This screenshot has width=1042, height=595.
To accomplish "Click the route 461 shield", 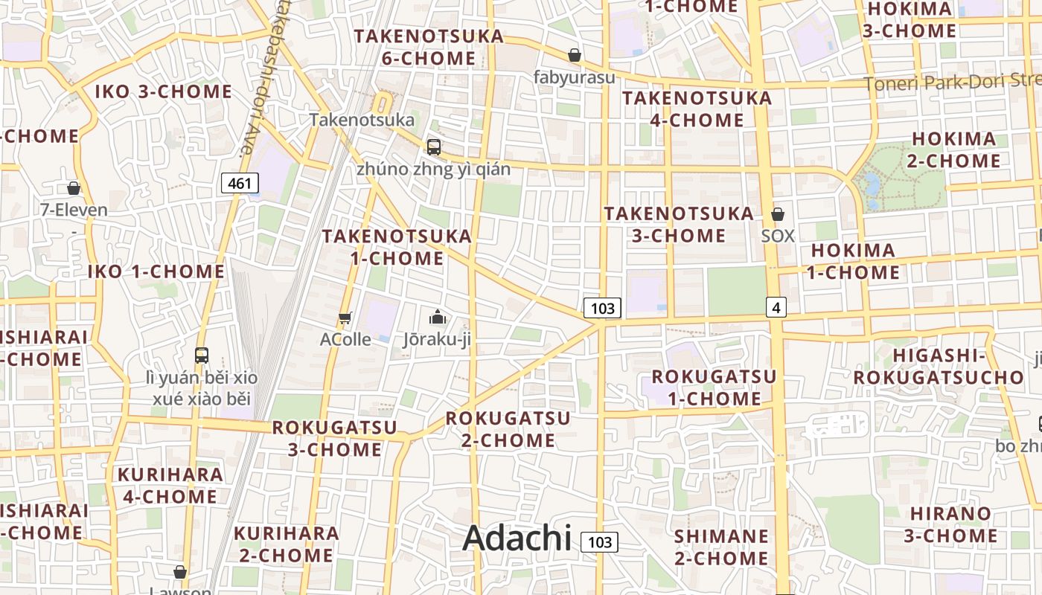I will click(240, 183).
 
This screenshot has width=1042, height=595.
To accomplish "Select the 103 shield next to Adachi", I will click(599, 542).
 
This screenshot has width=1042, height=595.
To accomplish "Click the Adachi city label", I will click(517, 538).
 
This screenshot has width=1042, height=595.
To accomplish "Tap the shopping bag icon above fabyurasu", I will click(575, 55).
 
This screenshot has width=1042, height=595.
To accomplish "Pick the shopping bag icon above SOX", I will click(778, 214).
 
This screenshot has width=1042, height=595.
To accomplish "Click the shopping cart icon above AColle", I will click(345, 318).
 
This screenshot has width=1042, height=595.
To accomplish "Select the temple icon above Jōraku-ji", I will click(438, 318).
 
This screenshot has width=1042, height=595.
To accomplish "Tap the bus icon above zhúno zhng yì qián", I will click(434, 147).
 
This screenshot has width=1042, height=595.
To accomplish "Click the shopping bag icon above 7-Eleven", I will click(74, 188).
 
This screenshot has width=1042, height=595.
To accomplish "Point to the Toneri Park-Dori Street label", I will click(953, 82).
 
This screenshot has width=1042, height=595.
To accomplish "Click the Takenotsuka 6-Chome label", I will click(428, 47).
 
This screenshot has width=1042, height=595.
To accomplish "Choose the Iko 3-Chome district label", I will click(164, 92).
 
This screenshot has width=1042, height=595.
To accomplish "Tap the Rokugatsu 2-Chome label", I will click(508, 429).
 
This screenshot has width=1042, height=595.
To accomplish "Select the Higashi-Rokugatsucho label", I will click(938, 367).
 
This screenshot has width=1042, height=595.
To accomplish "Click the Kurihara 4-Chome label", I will click(170, 485).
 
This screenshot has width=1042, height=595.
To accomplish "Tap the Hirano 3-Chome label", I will click(950, 524).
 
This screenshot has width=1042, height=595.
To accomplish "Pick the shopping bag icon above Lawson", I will click(179, 572).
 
